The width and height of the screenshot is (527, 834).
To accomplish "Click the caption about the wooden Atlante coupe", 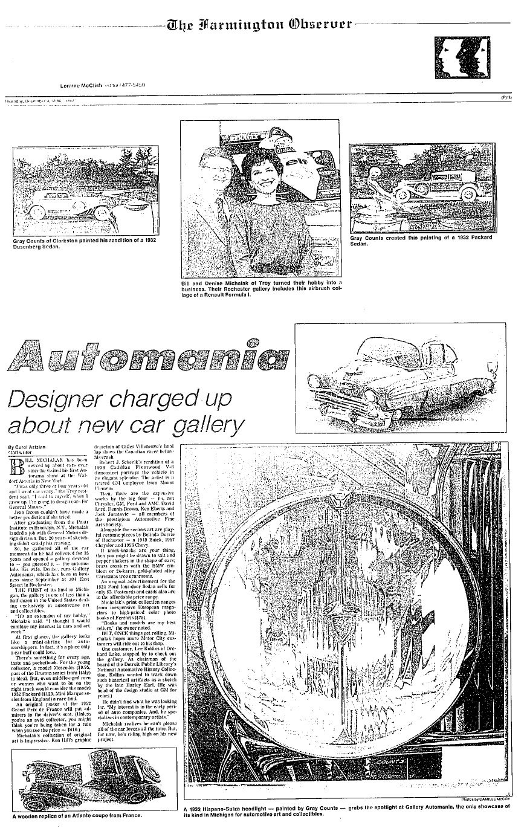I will tap(77, 816).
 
